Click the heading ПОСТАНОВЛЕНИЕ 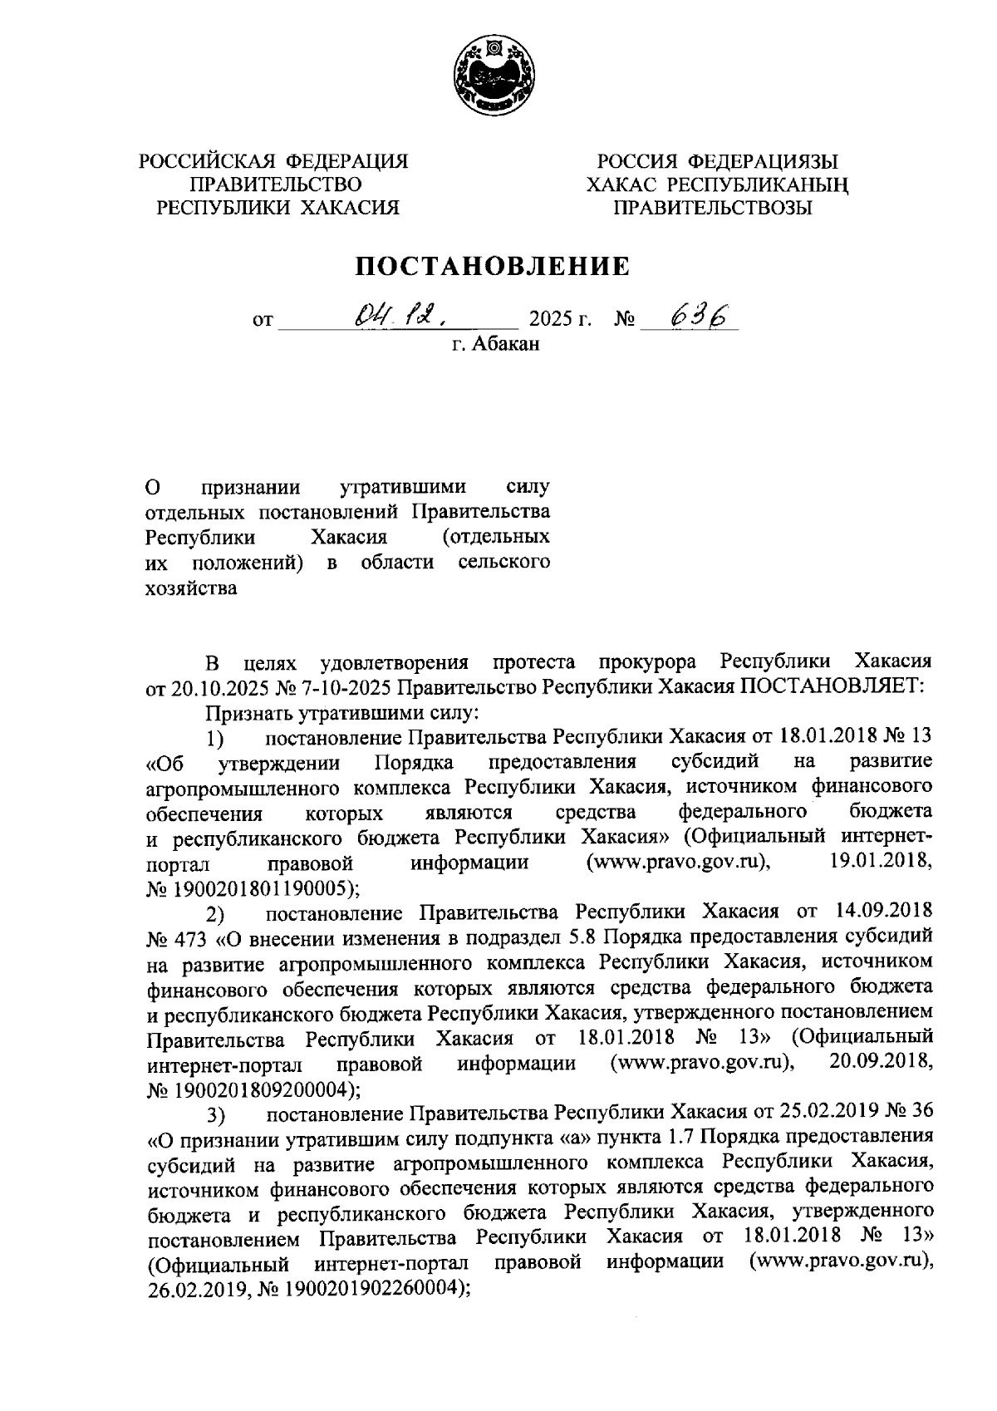[x=494, y=266]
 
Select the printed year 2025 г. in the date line [x=559, y=319]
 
